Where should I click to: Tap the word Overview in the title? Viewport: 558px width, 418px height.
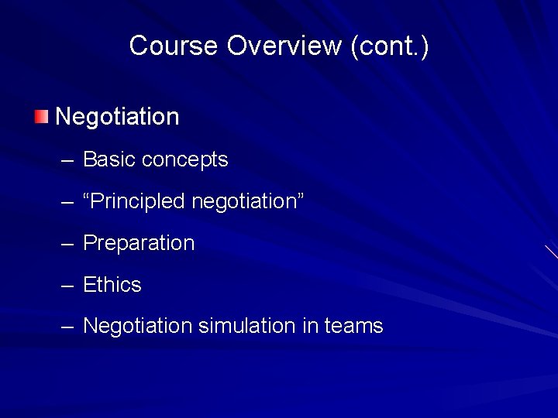click(x=284, y=46)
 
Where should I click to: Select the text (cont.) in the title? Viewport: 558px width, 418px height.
click(x=390, y=46)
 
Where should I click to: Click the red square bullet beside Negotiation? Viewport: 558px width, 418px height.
click(x=41, y=117)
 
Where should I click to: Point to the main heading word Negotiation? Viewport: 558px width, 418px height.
click(x=117, y=117)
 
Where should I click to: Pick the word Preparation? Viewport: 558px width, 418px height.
click(x=139, y=243)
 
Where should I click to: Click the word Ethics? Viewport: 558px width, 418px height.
click(x=112, y=285)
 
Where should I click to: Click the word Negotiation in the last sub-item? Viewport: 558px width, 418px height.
click(x=138, y=326)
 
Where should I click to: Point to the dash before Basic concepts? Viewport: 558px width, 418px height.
click(x=67, y=160)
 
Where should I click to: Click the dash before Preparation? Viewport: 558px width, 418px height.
click(x=67, y=244)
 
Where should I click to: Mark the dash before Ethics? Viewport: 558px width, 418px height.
click(x=67, y=286)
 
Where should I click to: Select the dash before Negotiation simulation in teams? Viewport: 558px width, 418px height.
click(x=67, y=327)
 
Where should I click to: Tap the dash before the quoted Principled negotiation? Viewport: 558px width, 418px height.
click(x=67, y=202)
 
